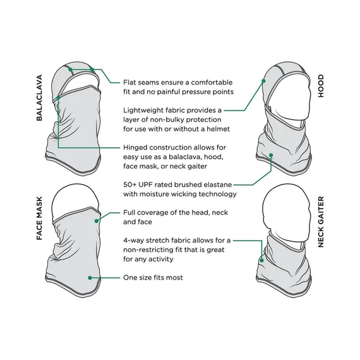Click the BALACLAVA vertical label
pos(39,97)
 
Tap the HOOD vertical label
pos(321,86)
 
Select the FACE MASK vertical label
pos(39,218)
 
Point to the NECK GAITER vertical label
pos(321,222)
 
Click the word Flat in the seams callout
pos(129,82)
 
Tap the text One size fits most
pos(153,277)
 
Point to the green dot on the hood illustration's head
pos(263,81)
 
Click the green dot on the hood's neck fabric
pos(271,155)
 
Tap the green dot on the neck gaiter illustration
pos(261,260)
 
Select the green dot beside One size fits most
pos(90,278)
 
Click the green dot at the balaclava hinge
pos(58,98)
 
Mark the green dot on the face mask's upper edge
pos(97,221)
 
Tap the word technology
pos(217,195)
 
